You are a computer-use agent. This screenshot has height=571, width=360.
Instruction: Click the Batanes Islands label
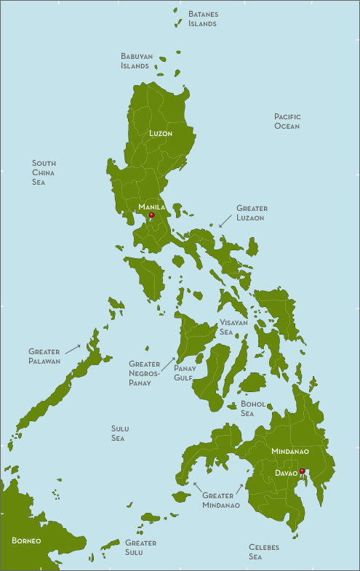[x=202, y=19]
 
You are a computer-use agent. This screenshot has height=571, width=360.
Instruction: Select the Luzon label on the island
[x=160, y=134]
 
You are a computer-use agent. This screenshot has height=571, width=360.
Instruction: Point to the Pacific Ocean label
[x=287, y=121]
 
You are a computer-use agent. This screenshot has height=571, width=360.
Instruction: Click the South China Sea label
[x=44, y=172]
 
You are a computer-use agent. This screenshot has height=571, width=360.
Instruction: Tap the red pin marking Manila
[x=151, y=215]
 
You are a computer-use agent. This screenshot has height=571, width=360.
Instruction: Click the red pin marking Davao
[x=302, y=471]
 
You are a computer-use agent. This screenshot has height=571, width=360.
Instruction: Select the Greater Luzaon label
[x=252, y=213]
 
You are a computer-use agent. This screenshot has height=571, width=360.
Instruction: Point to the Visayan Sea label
[x=233, y=327]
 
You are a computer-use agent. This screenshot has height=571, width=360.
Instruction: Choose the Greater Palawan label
[x=44, y=356]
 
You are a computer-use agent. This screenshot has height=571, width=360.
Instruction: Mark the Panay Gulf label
[x=183, y=372]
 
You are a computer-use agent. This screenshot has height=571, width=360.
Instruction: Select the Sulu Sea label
[x=119, y=434]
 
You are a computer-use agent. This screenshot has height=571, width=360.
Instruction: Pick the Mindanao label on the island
[x=289, y=452]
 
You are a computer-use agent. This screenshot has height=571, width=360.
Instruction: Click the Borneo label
[x=26, y=541]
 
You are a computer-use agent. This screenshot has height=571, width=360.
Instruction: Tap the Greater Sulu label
[x=140, y=548]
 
